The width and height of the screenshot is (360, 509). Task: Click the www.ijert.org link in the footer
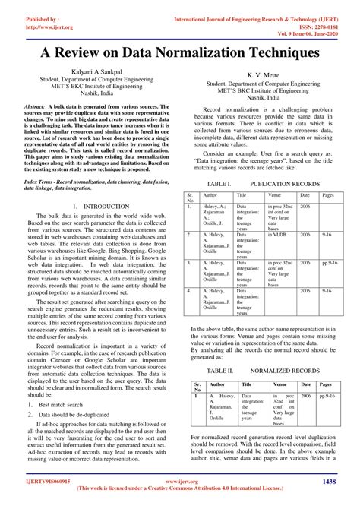180,482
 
